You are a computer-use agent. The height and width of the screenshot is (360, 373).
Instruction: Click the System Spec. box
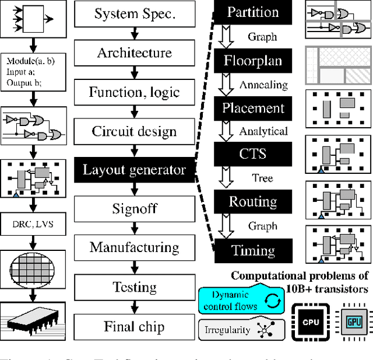135,14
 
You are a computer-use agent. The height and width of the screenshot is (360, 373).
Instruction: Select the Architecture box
135,53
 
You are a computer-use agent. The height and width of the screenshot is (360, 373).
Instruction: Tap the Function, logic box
135,92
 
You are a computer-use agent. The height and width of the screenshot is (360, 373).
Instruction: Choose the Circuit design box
135,131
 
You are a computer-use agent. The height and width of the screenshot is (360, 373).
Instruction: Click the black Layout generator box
135,170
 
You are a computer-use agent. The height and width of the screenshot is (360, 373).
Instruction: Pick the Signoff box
135,209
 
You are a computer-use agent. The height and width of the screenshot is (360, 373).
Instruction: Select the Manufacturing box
135,247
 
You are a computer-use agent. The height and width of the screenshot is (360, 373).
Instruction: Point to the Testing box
135,287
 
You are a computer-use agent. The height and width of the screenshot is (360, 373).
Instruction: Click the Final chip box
135,326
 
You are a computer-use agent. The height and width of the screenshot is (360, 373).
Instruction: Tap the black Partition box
253,12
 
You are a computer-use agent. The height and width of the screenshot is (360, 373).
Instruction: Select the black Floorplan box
253,61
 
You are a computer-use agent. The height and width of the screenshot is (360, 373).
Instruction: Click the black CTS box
253,154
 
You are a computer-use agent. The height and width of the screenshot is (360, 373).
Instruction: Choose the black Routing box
253,202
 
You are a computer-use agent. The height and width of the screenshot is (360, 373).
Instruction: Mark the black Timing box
253,251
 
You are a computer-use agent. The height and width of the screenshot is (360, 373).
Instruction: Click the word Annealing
263,85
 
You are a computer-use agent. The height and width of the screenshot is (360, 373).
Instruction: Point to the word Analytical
264,132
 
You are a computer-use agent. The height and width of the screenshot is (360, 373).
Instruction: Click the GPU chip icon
351,321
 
